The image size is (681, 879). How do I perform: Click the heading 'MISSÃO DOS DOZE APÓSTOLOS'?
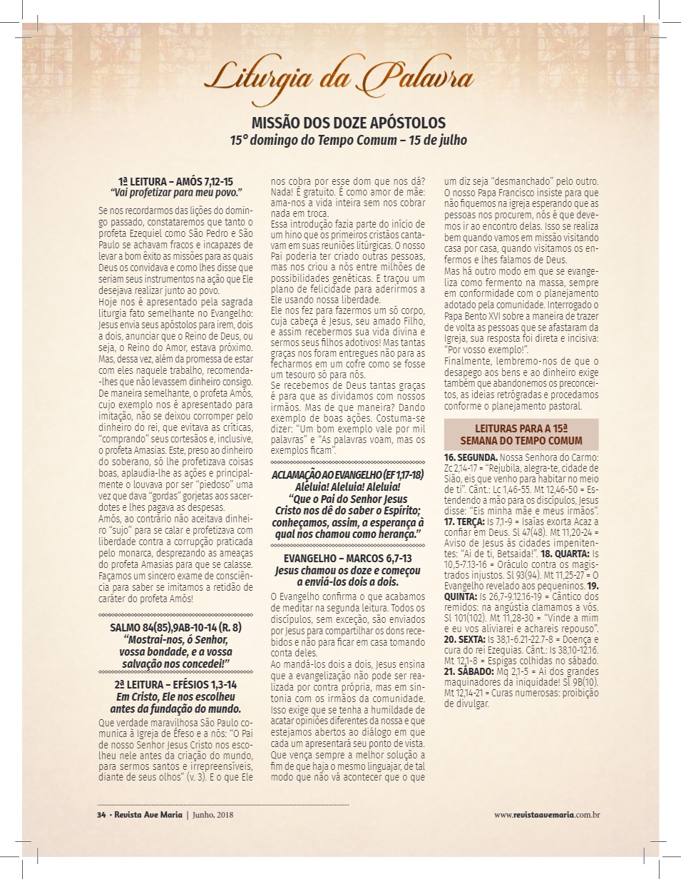(x=349, y=123)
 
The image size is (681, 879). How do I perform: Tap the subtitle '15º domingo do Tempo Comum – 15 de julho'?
(x=348, y=141)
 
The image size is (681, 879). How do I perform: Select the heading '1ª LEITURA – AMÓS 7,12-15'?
(x=176, y=182)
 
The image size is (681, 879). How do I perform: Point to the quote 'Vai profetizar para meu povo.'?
(x=176, y=193)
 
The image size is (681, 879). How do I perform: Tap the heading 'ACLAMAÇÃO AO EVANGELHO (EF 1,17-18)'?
(x=348, y=475)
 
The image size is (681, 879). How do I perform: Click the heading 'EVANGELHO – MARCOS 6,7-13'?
(x=348, y=558)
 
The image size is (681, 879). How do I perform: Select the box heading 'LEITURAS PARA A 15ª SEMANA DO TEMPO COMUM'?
(x=521, y=434)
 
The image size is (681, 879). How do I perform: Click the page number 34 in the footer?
(x=101, y=814)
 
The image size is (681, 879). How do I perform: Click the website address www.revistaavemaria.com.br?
(x=546, y=814)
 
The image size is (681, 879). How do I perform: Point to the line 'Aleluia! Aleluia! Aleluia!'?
(x=348, y=486)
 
